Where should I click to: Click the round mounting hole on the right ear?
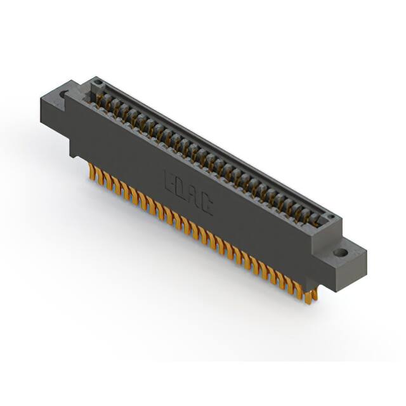[341, 252]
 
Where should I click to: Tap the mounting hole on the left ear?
[63, 96]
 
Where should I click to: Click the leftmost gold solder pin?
[91, 171]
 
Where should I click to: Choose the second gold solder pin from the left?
[99, 176]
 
